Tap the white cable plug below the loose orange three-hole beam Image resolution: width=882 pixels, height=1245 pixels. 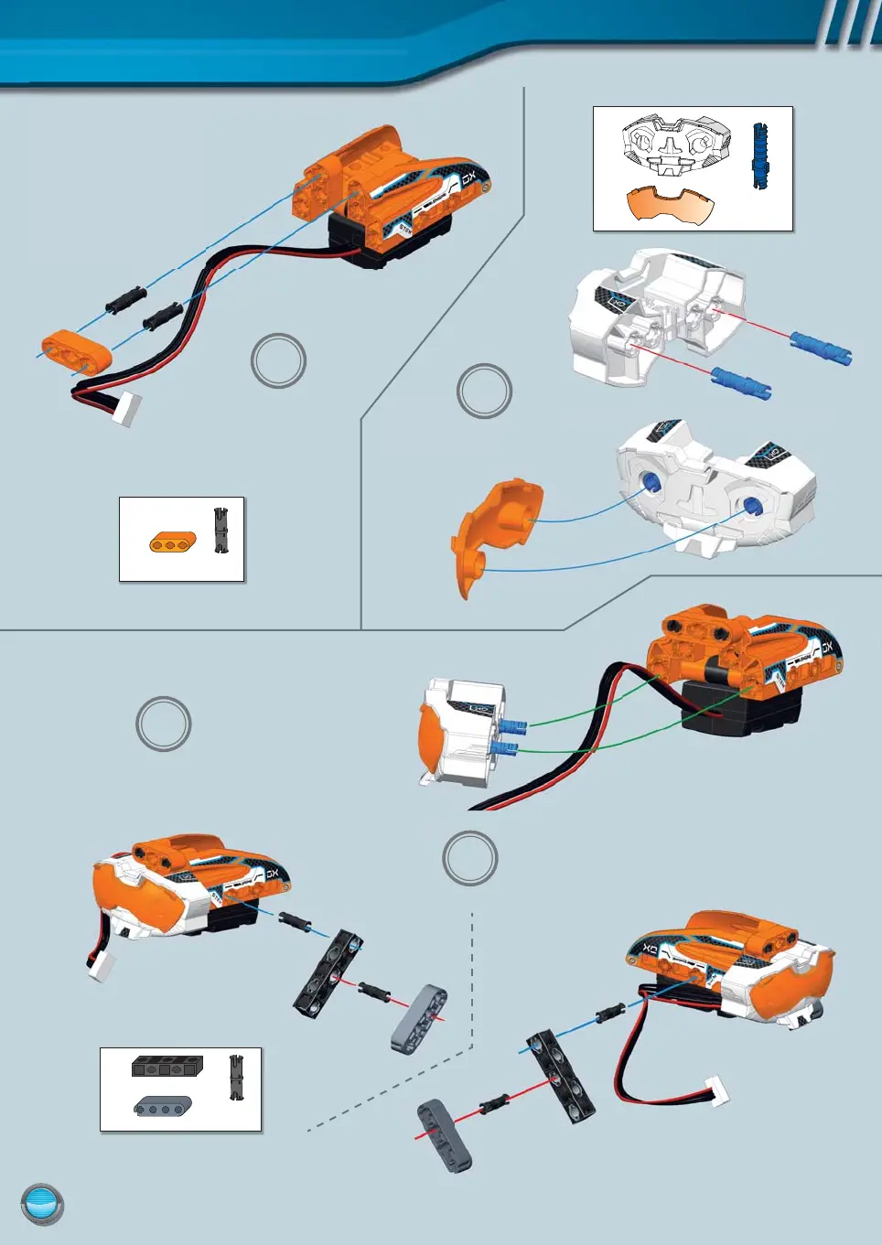point(126,409)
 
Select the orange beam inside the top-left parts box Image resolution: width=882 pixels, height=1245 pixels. point(172,542)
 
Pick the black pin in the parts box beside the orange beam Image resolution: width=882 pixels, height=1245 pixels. point(220,531)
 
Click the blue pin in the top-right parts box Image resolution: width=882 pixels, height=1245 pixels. point(760,157)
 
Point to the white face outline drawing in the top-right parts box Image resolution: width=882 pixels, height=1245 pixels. point(676,146)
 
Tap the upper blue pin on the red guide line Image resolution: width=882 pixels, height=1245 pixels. point(821,348)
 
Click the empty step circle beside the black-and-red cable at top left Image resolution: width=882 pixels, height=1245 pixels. point(278,360)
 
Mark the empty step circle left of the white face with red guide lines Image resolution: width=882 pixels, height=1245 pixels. point(484,392)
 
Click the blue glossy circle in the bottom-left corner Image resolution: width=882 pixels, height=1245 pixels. point(42,1205)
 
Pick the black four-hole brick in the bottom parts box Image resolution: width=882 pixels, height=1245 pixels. point(166,1066)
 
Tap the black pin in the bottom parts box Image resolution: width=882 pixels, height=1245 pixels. point(236,1078)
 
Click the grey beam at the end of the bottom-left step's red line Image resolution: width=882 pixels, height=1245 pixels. point(419,1016)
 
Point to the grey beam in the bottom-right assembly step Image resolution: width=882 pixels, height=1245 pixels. point(445,1135)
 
